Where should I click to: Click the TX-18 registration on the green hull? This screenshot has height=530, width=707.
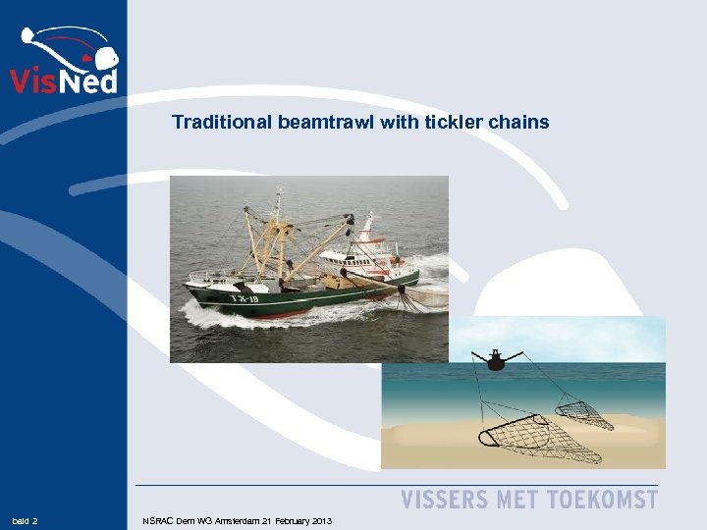click(x=244, y=297)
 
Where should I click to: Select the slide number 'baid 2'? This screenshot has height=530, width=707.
click(x=25, y=520)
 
